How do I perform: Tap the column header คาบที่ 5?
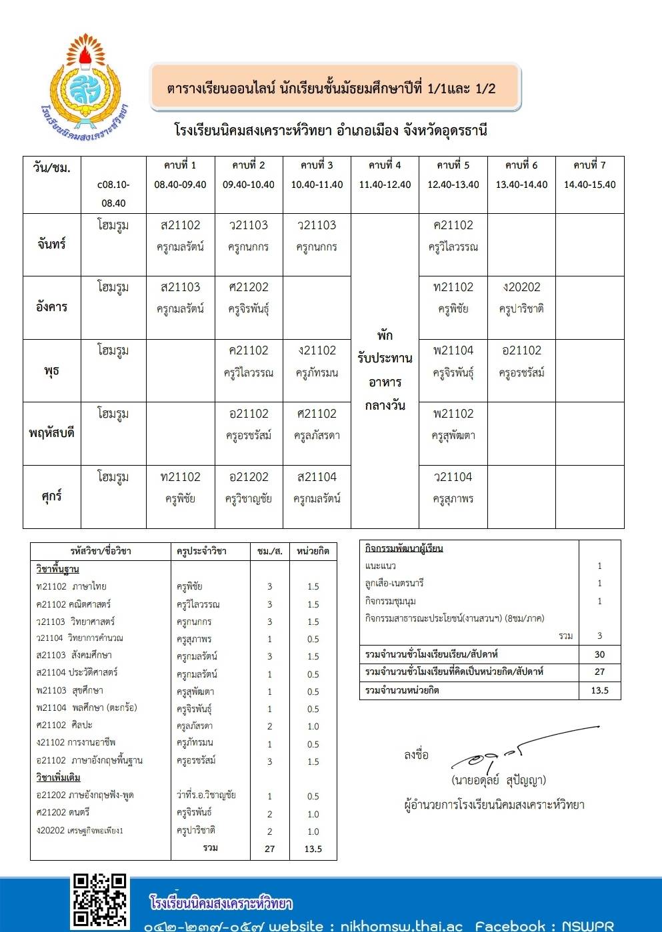453,165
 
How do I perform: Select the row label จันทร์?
51,244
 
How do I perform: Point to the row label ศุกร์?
51,496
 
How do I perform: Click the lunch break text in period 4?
385,370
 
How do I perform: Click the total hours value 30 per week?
599,654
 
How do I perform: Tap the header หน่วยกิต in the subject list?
313,551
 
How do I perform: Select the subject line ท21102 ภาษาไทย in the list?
72,587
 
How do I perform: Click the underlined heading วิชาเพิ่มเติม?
58,777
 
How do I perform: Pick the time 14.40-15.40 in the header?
589,185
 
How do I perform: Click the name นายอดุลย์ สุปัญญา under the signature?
498,780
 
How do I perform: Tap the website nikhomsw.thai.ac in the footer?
401,925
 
